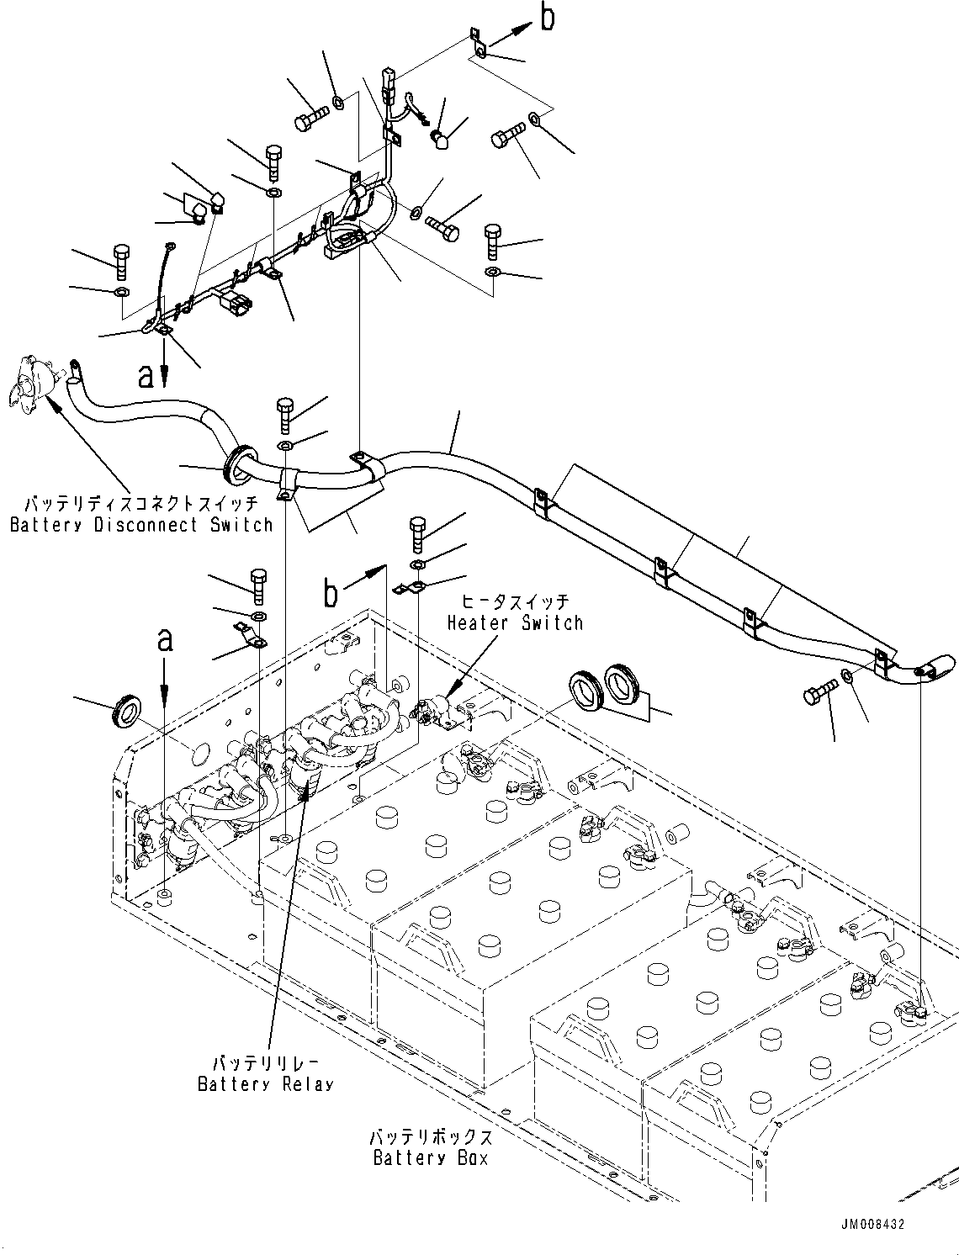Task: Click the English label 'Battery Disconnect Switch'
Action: tap(141, 525)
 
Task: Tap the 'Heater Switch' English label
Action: tap(514, 622)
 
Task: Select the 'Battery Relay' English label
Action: tap(265, 1083)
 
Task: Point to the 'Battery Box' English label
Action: tap(430, 1157)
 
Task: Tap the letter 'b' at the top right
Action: tap(548, 19)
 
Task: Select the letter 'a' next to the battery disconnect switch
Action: tap(146, 376)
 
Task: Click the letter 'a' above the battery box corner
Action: tap(165, 641)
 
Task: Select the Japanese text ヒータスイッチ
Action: tap(514, 602)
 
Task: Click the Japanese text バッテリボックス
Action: tap(430, 1137)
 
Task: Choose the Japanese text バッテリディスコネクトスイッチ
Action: tap(141, 505)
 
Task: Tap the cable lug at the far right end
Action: tap(930, 668)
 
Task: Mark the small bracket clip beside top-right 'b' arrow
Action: tap(476, 44)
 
